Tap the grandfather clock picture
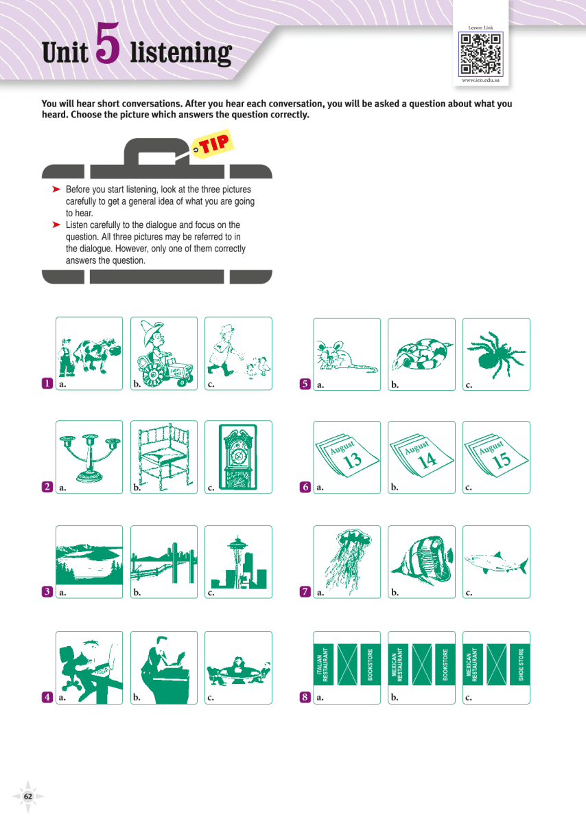point(238,456)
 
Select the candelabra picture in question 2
point(89,456)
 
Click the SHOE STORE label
point(521,665)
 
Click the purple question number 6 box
point(305,488)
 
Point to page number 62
point(28,796)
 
